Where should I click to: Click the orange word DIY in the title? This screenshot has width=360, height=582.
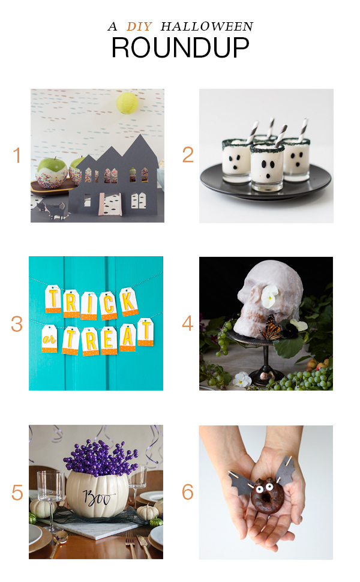139,26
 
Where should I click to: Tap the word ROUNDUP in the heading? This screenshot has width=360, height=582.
181,47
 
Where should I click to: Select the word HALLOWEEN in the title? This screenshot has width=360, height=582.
207,26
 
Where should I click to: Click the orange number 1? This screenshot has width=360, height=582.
17,155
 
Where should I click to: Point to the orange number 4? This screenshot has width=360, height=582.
188,323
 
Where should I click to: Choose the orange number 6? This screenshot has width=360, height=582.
188,492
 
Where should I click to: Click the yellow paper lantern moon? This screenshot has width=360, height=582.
127,103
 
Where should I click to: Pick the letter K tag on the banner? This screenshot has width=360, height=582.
129,301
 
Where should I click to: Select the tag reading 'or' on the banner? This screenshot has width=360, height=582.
49,338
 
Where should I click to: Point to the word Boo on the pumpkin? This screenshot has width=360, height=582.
98,497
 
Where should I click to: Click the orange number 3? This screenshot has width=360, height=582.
17,324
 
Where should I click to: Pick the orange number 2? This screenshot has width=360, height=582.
188,155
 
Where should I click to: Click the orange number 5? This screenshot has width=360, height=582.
17,493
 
